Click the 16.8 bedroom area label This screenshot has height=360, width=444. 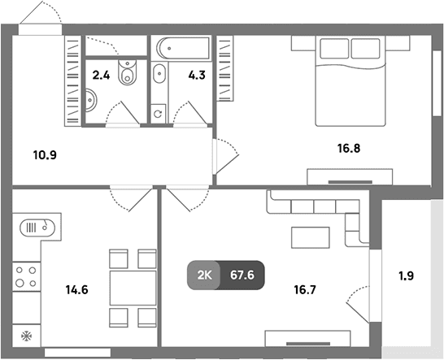(349, 148)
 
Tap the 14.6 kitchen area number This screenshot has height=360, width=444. (76, 290)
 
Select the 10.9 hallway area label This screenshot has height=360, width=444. (45, 155)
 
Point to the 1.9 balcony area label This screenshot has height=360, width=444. (407, 275)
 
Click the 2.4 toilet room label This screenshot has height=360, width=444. (101, 76)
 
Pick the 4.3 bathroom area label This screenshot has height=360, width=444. (197, 76)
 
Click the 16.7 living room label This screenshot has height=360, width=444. (305, 290)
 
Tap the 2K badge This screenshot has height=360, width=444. (204, 275)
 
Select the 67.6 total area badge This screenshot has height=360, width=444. (242, 275)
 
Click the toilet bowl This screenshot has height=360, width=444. (127, 72)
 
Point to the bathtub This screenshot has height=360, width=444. (183, 48)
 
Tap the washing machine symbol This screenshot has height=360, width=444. (158, 114)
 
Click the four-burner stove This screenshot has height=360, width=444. (26, 277)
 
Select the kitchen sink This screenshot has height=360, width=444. (37, 228)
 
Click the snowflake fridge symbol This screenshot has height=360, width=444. (27, 336)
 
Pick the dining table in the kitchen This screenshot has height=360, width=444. (133, 288)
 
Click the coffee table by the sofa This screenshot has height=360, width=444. (311, 238)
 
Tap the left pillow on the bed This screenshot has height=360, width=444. (334, 49)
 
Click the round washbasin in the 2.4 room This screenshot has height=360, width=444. (91, 100)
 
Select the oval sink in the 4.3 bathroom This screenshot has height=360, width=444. (159, 74)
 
